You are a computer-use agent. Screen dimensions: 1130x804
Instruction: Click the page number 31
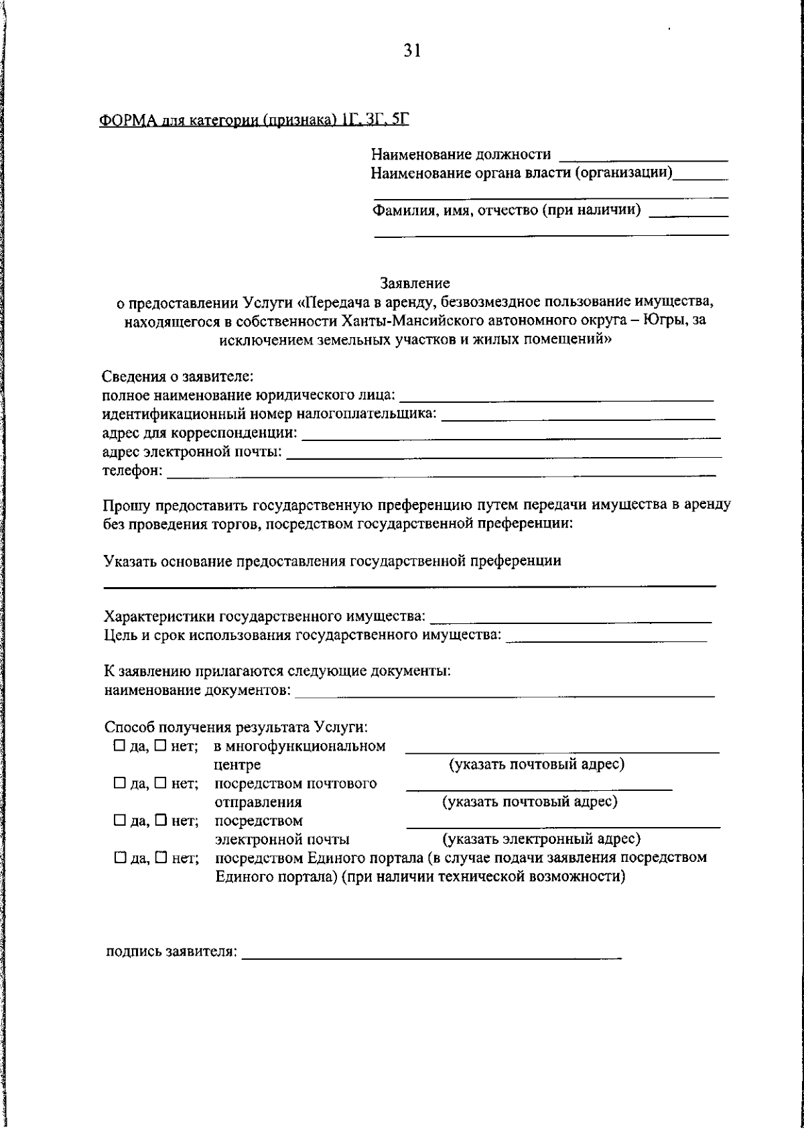pyautogui.click(x=411, y=51)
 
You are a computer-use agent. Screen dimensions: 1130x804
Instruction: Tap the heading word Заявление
pyautogui.click(x=415, y=284)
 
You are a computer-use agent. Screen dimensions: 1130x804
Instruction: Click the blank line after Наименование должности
pyautogui.click(x=643, y=158)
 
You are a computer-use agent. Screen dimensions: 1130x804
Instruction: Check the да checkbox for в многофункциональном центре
pyautogui.click(x=119, y=746)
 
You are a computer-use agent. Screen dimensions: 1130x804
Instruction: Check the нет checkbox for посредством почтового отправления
pyautogui.click(x=159, y=783)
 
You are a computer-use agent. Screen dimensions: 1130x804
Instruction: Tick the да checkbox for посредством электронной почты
pyautogui.click(x=119, y=820)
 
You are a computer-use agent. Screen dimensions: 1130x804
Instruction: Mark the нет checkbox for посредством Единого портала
pyautogui.click(x=159, y=858)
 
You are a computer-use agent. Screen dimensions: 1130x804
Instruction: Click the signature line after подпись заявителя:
pyautogui.click(x=431, y=954)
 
